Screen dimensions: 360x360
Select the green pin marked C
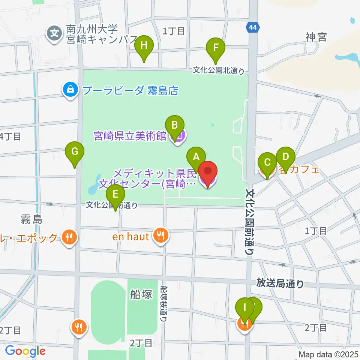(x=267, y=162)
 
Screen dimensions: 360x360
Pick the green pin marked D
(x=286, y=157)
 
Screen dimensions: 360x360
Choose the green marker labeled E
(x=115, y=194)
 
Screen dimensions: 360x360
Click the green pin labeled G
(x=75, y=152)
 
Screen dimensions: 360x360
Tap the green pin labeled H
(x=144, y=46)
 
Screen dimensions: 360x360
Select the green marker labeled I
(x=245, y=308)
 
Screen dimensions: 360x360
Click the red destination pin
(x=207, y=172)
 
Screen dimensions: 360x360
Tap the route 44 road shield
(x=252, y=27)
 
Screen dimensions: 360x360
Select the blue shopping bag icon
(x=70, y=90)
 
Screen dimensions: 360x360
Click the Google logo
(x=25, y=351)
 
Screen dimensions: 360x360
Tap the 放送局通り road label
(x=280, y=283)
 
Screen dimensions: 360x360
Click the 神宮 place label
(x=316, y=37)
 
